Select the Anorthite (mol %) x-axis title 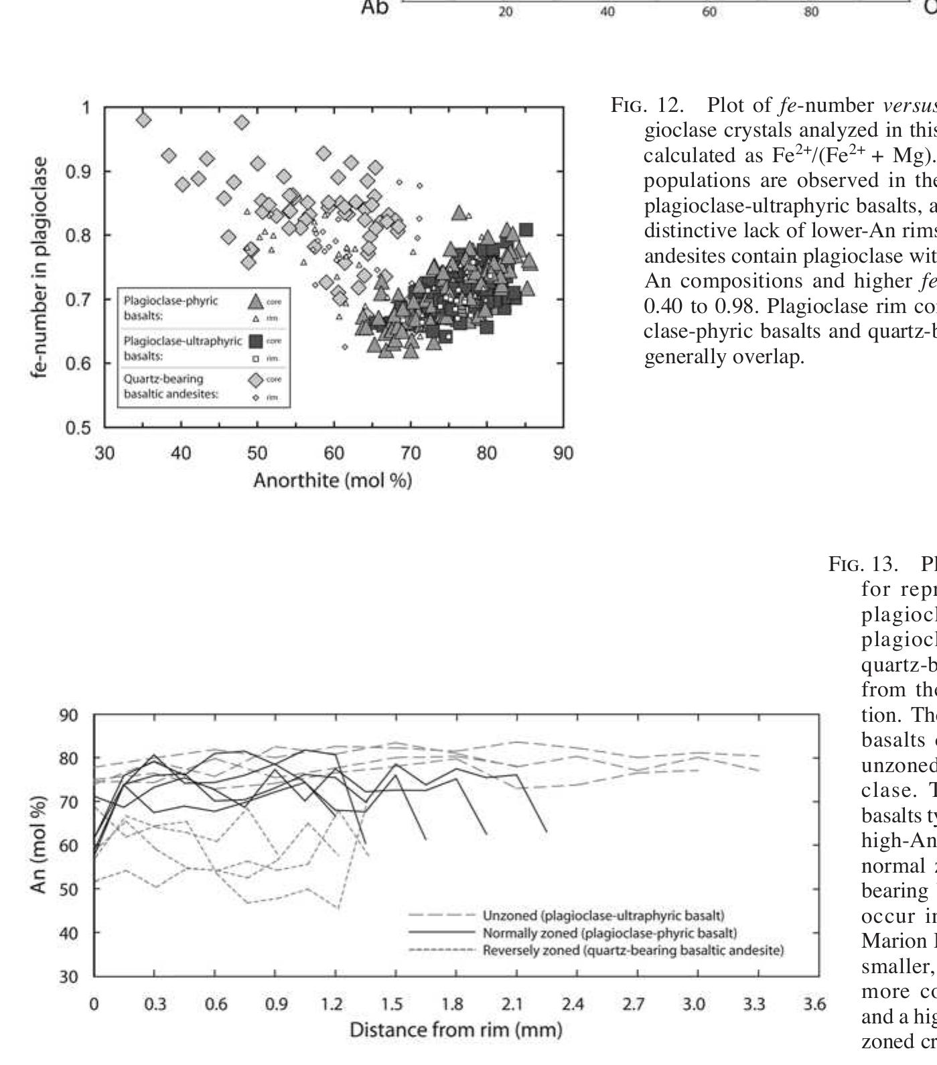pos(332,481)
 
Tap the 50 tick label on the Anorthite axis pos(257,454)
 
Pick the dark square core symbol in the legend pos(256,341)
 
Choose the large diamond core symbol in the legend pos(256,380)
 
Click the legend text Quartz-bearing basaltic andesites pos(171,387)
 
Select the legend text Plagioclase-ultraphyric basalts pos(182,348)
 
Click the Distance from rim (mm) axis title pos(455,1029)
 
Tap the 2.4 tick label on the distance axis pos(573,1004)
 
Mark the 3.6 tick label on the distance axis pos(814,1004)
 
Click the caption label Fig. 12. pos(647,105)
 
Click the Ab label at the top pos(375,8)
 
